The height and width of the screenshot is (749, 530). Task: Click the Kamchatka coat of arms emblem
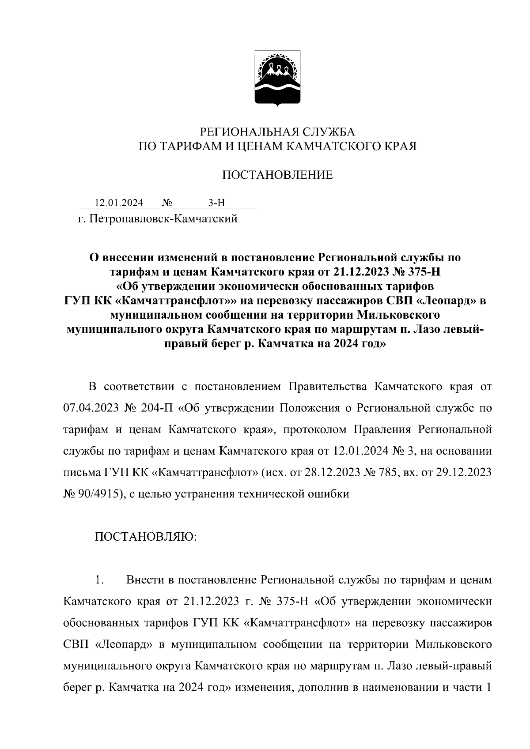pyautogui.click(x=277, y=79)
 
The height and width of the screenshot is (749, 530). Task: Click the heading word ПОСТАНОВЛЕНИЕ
pyautogui.click(x=277, y=175)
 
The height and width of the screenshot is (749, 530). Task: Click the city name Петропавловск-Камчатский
pyautogui.click(x=163, y=218)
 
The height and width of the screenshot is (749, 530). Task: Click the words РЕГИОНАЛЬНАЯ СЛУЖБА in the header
pyautogui.click(x=277, y=132)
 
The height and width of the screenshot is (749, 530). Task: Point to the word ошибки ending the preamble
pyautogui.click(x=329, y=494)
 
